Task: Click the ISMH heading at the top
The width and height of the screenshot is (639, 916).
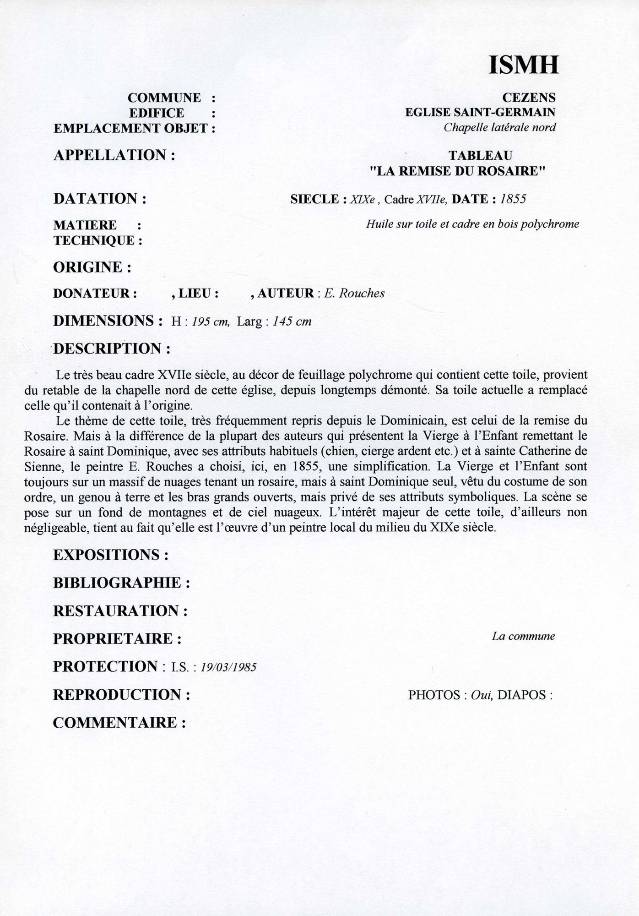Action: pos(524,65)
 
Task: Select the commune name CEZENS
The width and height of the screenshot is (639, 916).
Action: pos(529,98)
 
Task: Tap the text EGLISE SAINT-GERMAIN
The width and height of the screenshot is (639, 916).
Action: pos(480,112)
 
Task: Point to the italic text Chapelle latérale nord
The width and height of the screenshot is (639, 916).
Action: pos(499,127)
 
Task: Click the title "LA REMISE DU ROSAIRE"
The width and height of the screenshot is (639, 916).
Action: pos(458,171)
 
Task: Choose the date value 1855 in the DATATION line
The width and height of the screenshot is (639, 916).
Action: pos(514,199)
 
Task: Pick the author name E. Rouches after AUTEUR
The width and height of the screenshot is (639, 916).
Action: pos(354,294)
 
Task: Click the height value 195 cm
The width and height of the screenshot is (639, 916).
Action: pos(210,322)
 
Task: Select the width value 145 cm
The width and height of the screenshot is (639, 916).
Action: pos(292,322)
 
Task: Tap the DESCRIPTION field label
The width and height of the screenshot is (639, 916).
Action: pos(113,349)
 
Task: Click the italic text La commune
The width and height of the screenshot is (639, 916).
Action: pos(523,636)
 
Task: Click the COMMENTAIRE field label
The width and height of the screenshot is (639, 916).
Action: pos(120,723)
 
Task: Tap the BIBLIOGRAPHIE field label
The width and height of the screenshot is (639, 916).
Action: pos(122,583)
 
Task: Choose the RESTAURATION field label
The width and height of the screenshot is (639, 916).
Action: pos(121,611)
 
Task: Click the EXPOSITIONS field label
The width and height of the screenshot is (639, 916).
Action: pos(111,555)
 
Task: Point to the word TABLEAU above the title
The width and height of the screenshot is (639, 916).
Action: pos(480,156)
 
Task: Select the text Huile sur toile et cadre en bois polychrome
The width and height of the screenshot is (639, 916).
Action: pos(472,224)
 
